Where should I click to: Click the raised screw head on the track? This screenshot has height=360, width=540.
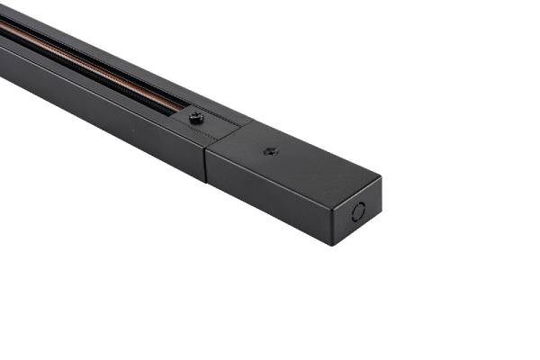(x=196, y=117)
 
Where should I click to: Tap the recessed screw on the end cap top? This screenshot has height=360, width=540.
(x=270, y=151)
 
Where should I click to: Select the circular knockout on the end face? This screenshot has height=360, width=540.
(x=358, y=213)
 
